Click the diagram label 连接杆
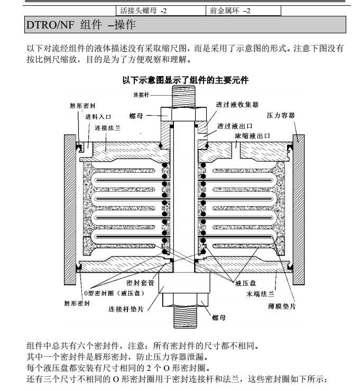(x=141, y=95)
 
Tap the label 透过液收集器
(x=237, y=105)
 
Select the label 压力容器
(x=281, y=115)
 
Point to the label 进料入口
(x=98, y=117)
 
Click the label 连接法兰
(x=107, y=128)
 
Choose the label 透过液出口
(x=235, y=126)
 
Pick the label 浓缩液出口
(x=253, y=136)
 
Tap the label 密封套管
(x=141, y=283)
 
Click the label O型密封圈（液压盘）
(x=114, y=293)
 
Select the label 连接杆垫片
(x=126, y=309)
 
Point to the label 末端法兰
(x=260, y=294)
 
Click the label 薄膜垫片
(x=282, y=306)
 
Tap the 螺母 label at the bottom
(x=219, y=318)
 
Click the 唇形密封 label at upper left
(x=82, y=106)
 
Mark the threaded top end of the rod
(x=183, y=97)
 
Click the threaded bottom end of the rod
(x=186, y=317)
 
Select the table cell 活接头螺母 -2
(x=161, y=11)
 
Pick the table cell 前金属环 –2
(x=243, y=11)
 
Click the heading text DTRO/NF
(x=50, y=25)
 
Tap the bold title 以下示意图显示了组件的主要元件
(x=186, y=80)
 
